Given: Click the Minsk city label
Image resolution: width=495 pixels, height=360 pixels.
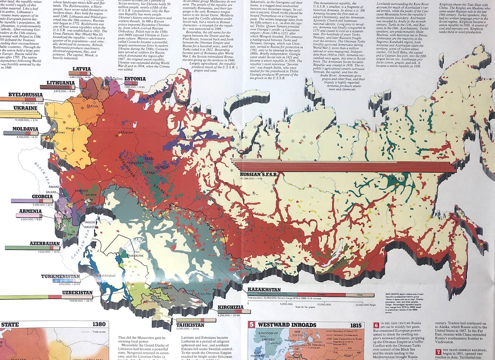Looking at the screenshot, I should point(94,106).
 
